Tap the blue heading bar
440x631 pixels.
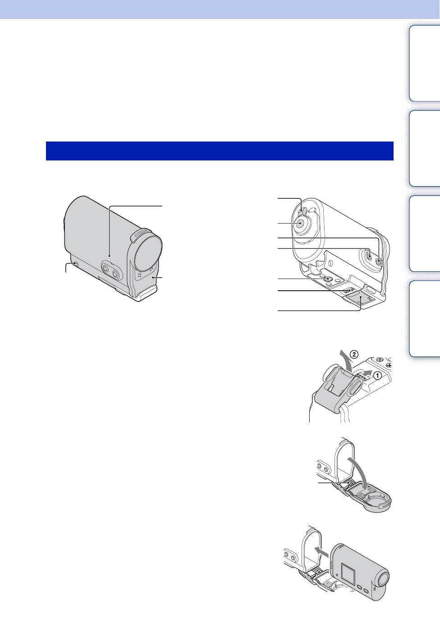[x=220, y=151]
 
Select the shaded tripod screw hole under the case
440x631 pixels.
[x=328, y=280]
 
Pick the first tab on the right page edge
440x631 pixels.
[x=425, y=63]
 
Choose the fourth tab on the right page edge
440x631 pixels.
[x=425, y=319]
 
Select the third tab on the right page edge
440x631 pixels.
[x=425, y=233]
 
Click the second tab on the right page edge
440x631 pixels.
[x=425, y=148]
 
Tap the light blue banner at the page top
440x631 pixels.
[x=220, y=9]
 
